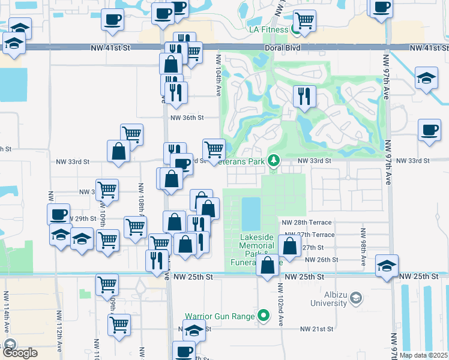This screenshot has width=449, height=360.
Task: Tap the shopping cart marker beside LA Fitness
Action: pyautogui.click(x=305, y=21)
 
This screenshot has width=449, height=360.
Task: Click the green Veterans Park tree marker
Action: pyautogui.click(x=274, y=161)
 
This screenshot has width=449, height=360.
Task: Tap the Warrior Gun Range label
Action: pyautogui.click(x=221, y=316)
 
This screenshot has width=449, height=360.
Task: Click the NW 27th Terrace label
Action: pyautogui.click(x=309, y=235)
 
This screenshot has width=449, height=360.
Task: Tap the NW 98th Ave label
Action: pyautogui.click(x=364, y=246)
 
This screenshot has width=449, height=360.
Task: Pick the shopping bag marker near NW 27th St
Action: pyautogui.click(x=289, y=246)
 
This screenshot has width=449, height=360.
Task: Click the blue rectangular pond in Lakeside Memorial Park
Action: pyautogui.click(x=251, y=213)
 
